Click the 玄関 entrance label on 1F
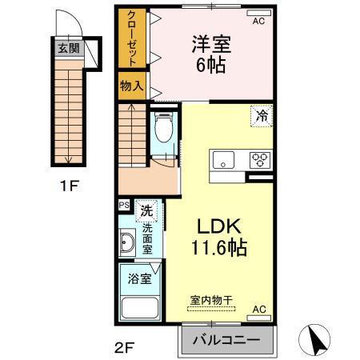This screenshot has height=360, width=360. pyautogui.click(x=67, y=48)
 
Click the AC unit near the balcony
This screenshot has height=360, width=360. pyautogui.click(x=258, y=309)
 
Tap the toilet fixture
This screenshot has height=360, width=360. pyautogui.click(x=163, y=126)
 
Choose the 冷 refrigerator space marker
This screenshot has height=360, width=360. pyautogui.click(x=262, y=116)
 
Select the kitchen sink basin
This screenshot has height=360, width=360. pyautogui.click(x=222, y=158)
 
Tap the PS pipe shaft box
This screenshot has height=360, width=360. pyautogui.click(x=124, y=205)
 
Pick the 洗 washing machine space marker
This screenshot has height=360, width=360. pyautogui.click(x=146, y=211)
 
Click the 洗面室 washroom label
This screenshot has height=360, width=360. pyautogui.click(x=147, y=238)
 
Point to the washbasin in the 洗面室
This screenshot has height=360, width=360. pyautogui.click(x=127, y=243)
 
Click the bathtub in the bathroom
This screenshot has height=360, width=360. pyautogui.click(x=141, y=307)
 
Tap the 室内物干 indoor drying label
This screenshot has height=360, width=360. pyautogui.click(x=211, y=300)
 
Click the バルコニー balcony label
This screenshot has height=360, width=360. pyautogui.click(x=225, y=339)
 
